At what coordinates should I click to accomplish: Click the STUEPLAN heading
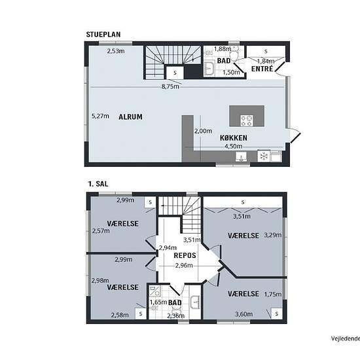click(x=103, y=35)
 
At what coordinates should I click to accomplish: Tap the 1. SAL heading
click(x=98, y=184)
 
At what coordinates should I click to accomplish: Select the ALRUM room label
click(x=130, y=117)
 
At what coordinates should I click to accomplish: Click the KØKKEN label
click(x=234, y=137)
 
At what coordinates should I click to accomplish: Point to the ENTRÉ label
click(x=262, y=69)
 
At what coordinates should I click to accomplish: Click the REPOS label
click(x=185, y=255)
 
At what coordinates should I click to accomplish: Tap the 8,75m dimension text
click(x=170, y=86)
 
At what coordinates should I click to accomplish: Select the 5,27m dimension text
click(x=100, y=116)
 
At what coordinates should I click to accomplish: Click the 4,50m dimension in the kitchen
click(x=233, y=146)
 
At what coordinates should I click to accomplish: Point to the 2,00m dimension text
click(x=203, y=131)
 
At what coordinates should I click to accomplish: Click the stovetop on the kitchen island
click(x=247, y=121)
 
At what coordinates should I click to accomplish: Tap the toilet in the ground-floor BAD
click(x=234, y=54)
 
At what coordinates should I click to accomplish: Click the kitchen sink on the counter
click(x=241, y=156)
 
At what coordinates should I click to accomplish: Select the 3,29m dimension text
click(x=273, y=235)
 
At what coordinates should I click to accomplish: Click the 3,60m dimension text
click(x=244, y=314)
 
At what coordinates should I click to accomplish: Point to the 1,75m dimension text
click(x=273, y=295)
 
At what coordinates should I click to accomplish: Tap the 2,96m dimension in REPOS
click(x=184, y=265)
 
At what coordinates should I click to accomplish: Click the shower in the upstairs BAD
click(x=154, y=291)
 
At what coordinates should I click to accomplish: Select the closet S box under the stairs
click(x=175, y=73)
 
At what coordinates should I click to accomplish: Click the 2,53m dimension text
click(x=116, y=51)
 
